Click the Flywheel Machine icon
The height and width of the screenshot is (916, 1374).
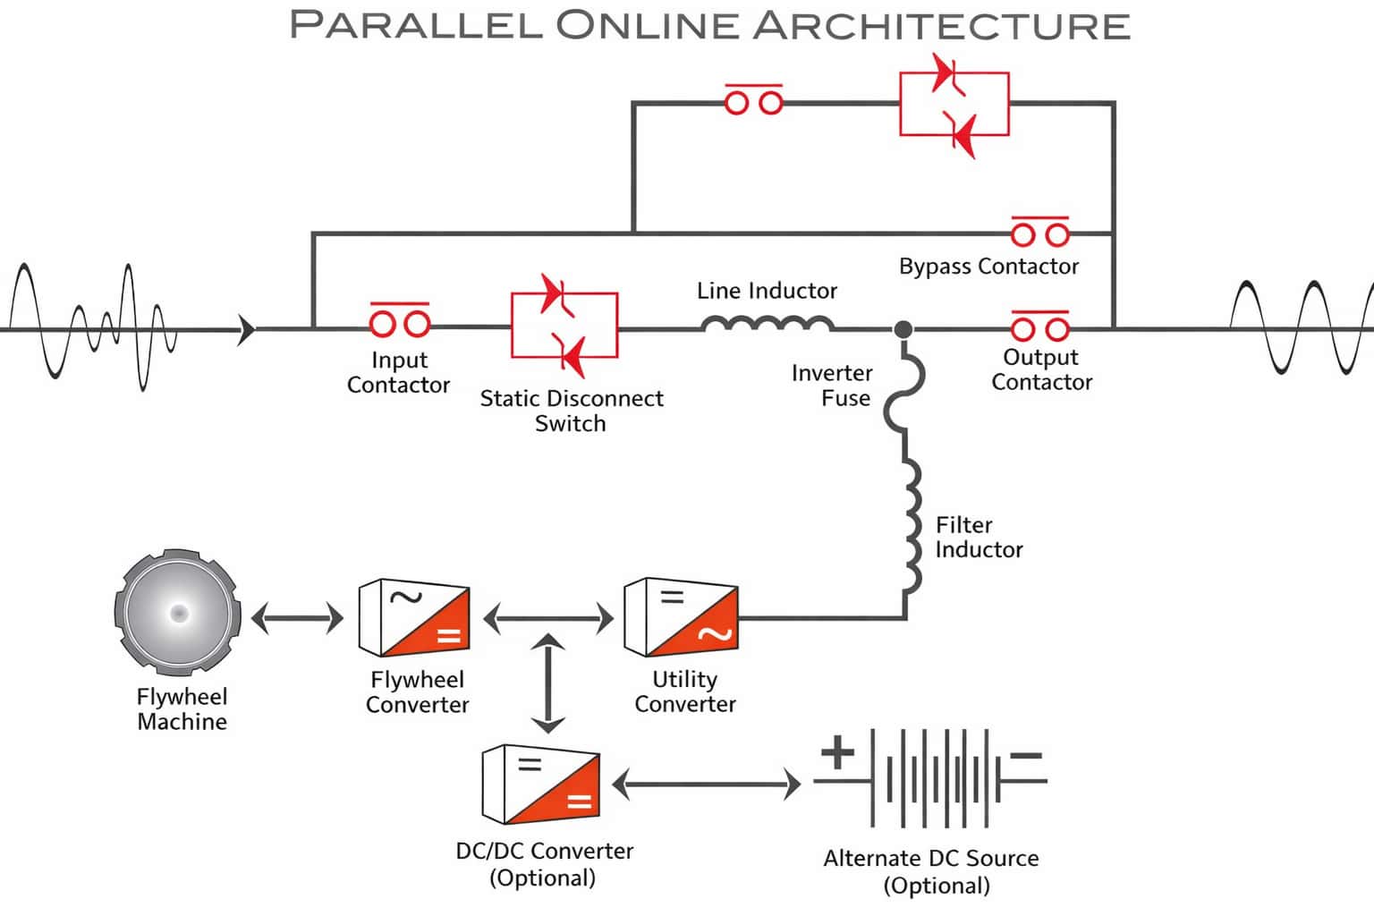point(178,614)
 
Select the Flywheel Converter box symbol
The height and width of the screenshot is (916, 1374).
point(413,618)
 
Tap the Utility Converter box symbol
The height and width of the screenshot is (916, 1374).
point(681,618)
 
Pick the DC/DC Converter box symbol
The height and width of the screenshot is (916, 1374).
point(540,785)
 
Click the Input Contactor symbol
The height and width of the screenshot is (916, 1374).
point(399,321)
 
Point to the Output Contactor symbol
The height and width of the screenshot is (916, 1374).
point(1039,327)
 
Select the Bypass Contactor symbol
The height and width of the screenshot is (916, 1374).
point(1039,233)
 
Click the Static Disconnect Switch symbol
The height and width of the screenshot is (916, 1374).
point(564,324)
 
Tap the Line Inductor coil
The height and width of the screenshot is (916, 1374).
point(768,324)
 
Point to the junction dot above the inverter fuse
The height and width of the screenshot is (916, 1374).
point(903,330)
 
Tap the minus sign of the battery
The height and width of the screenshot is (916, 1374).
point(1026,756)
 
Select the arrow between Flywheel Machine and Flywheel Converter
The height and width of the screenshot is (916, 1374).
point(297,618)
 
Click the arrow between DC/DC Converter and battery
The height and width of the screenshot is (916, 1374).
point(706,785)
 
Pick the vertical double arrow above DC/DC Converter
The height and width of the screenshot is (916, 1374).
point(547,683)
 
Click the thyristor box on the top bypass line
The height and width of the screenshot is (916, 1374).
point(954,104)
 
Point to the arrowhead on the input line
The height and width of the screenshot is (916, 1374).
point(247,330)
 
